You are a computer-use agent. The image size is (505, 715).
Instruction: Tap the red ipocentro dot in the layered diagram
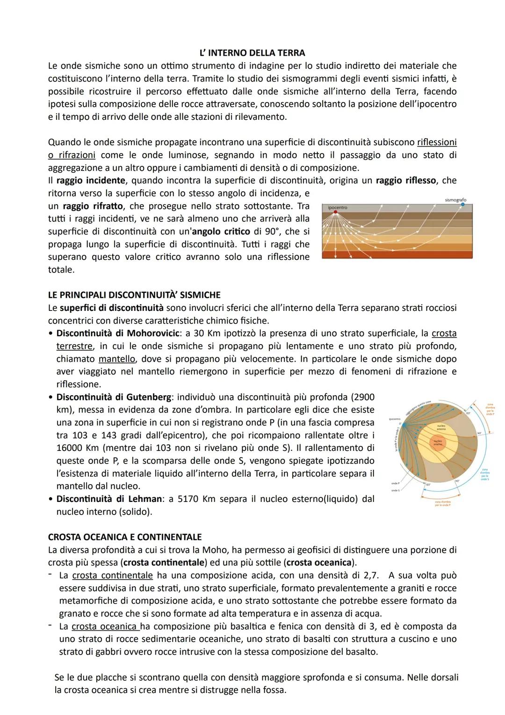(335, 212)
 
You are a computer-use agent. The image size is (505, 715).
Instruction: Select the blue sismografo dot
(463, 205)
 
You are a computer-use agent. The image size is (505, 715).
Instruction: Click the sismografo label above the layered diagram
(455, 200)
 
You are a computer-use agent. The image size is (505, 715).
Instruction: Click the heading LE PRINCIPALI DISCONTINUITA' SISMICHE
(134, 295)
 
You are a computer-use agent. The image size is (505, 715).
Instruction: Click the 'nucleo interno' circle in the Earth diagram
(438, 442)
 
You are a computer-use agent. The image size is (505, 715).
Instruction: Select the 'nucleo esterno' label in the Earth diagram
(441, 428)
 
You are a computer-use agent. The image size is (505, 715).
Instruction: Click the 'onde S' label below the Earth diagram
(395, 490)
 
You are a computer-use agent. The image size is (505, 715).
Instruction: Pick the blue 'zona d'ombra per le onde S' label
(484, 474)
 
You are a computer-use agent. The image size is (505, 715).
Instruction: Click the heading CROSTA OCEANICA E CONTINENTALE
(125, 537)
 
